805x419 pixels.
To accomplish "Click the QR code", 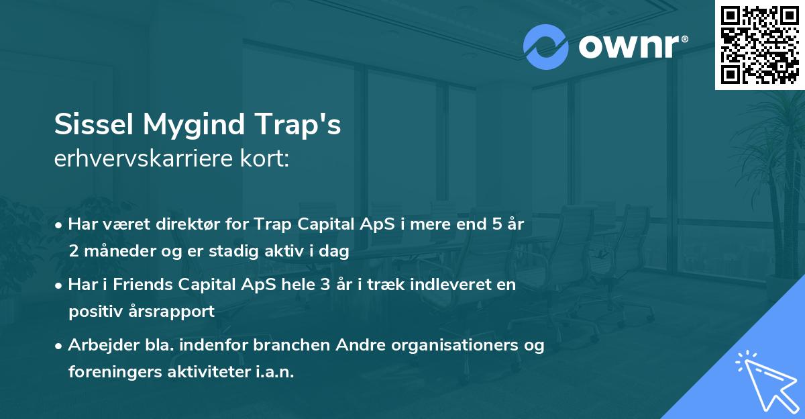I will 759,44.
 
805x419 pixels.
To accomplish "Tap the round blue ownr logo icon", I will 546,46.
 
